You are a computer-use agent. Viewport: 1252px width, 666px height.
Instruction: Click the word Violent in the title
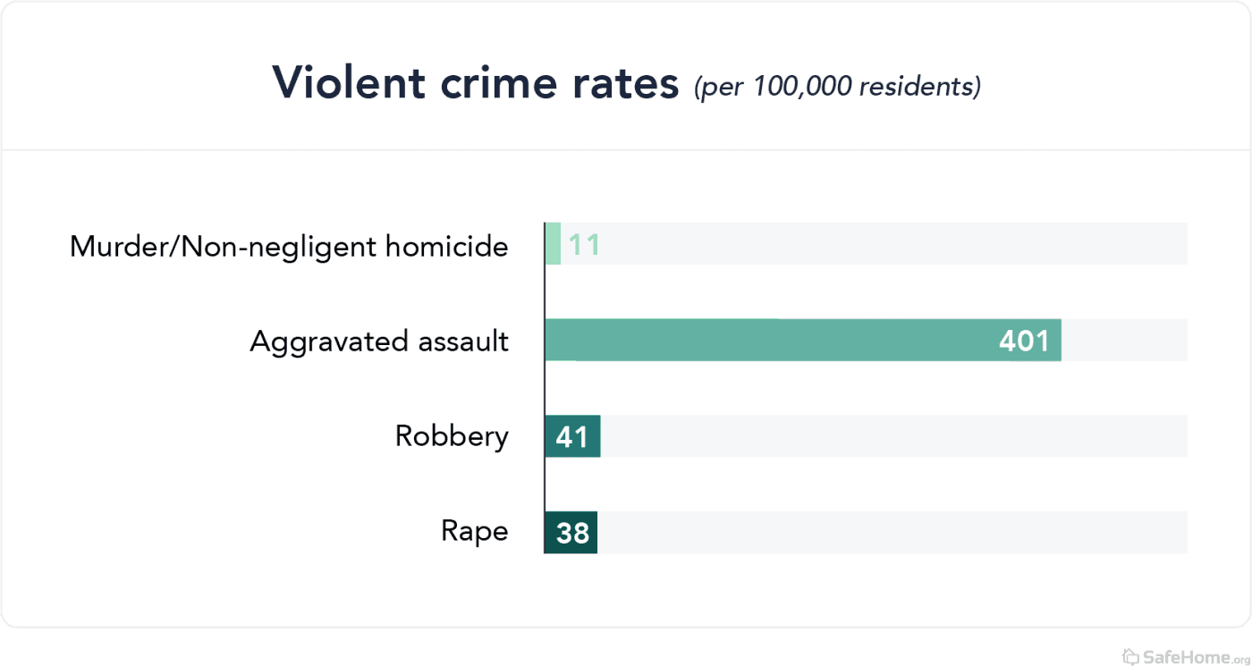pyautogui.click(x=349, y=83)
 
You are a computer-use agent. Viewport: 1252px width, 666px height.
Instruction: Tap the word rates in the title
pyautogui.click(x=626, y=83)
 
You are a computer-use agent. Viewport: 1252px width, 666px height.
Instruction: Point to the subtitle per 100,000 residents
pyautogui.click(x=837, y=87)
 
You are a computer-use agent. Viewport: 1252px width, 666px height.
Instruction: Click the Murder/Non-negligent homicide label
pyautogui.click(x=289, y=246)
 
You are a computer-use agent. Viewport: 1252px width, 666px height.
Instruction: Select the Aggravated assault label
pyautogui.click(x=379, y=341)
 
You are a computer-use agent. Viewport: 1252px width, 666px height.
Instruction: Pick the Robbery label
pyautogui.click(x=452, y=436)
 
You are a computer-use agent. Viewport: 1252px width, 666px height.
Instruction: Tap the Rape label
pyautogui.click(x=475, y=531)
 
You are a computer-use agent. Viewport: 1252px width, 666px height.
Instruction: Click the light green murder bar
pyautogui.click(x=553, y=244)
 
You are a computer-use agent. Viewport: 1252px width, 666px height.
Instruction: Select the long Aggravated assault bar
pyautogui.click(x=769, y=341)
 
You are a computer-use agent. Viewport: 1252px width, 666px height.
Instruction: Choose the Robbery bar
pyautogui.click(x=572, y=436)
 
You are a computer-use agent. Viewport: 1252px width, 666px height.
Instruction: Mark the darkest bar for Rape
pyautogui.click(x=571, y=533)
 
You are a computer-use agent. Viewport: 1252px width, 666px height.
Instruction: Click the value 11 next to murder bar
pyautogui.click(x=584, y=245)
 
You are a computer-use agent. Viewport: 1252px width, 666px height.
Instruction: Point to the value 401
pyautogui.click(x=1024, y=341)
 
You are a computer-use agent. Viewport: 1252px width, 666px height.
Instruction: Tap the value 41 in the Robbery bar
pyautogui.click(x=572, y=436)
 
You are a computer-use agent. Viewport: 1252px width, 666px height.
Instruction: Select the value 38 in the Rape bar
pyautogui.click(x=572, y=533)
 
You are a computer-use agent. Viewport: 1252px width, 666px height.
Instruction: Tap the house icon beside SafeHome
pyautogui.click(x=1130, y=656)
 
